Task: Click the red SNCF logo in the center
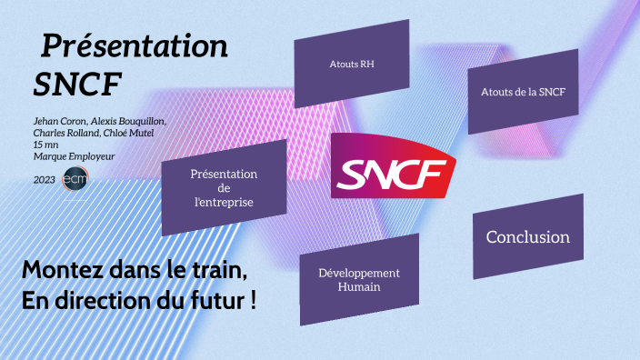392,168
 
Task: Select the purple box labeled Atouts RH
353,65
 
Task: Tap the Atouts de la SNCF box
523,92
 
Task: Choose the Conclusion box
527,237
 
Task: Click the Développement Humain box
359,280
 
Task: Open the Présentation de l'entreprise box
224,187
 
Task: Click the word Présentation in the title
135,45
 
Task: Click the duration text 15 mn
45,145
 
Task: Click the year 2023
45,180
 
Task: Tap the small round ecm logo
74,180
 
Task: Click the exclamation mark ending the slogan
251,301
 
